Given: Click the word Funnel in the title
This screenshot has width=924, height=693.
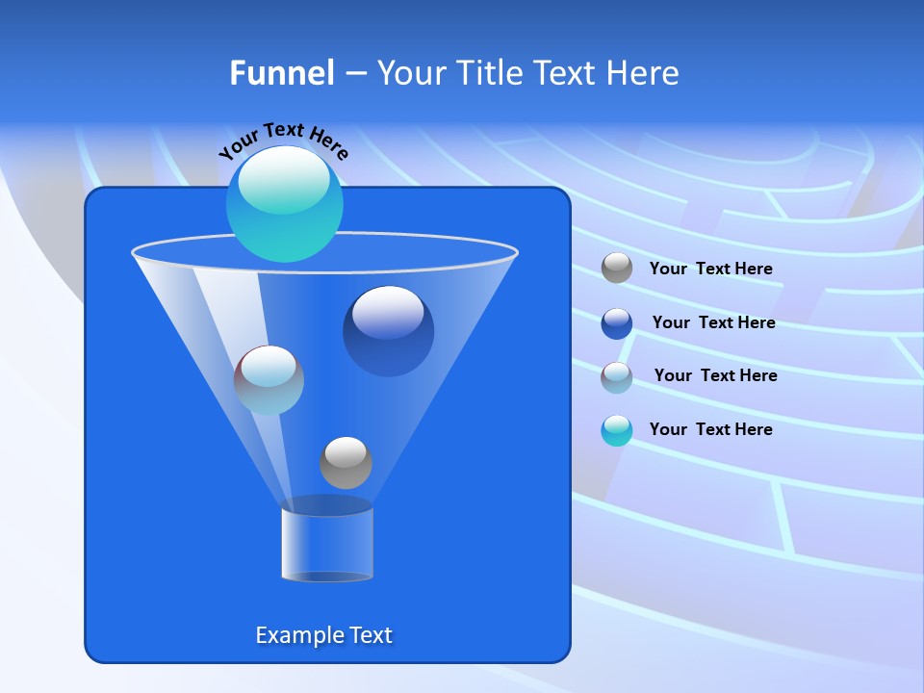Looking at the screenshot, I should [x=281, y=73].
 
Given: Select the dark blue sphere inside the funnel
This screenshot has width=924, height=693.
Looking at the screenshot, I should [x=388, y=331].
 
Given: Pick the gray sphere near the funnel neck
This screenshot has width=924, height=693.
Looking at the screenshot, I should [x=346, y=463].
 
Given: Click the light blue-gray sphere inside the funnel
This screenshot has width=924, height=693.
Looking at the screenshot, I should [x=269, y=380].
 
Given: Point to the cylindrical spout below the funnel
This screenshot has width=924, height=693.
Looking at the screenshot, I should [x=327, y=544].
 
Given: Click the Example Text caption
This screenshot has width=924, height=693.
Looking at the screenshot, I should [x=323, y=635].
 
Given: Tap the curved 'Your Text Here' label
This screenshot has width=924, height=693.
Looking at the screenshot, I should [x=284, y=141].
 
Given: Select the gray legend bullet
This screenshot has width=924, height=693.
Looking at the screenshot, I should [x=617, y=269].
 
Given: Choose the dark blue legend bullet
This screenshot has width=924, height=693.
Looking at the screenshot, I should [x=617, y=323].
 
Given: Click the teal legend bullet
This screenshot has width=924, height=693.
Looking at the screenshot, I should [x=617, y=430].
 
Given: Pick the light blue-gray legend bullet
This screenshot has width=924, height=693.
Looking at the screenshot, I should [x=617, y=376].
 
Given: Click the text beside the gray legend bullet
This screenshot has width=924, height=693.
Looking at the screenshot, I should [x=710, y=269].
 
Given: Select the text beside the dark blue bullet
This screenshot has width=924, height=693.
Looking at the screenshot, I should [x=713, y=322].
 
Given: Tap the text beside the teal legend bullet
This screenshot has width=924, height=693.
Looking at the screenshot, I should [x=710, y=429].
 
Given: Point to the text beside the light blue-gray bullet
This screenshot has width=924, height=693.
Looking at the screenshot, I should [x=715, y=375].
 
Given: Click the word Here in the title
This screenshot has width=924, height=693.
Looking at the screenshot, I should [x=643, y=73].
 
